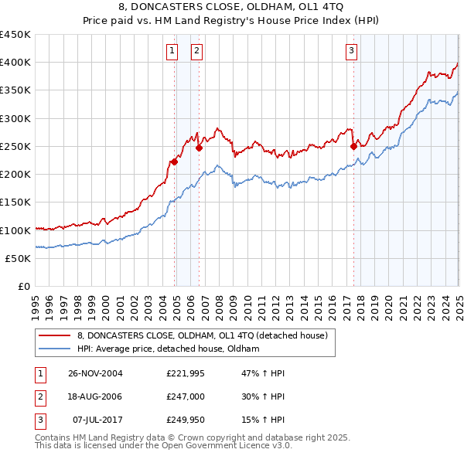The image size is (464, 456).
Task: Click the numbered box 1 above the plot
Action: [172, 52]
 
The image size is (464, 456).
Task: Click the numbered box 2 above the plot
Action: [196, 52]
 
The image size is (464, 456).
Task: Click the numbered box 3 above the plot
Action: [351, 52]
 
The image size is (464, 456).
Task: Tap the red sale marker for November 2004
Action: [175, 162]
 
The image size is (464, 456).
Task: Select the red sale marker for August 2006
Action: [199, 148]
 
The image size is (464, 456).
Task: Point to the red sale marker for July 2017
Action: [353, 146]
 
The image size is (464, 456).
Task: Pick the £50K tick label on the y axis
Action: [18, 258]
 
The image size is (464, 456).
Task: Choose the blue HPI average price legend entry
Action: [168, 349]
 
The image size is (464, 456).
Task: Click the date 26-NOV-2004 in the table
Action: [95, 373]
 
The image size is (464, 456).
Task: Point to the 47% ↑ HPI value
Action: [262, 373]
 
